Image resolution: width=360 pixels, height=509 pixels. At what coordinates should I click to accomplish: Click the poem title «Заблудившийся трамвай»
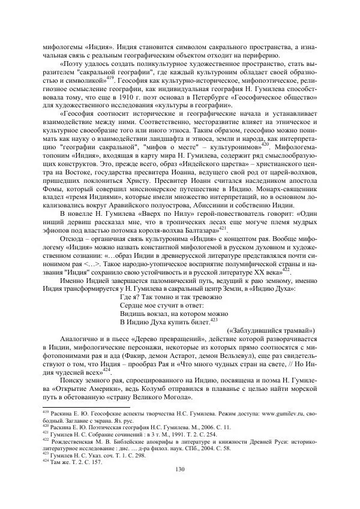pos(274,330)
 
